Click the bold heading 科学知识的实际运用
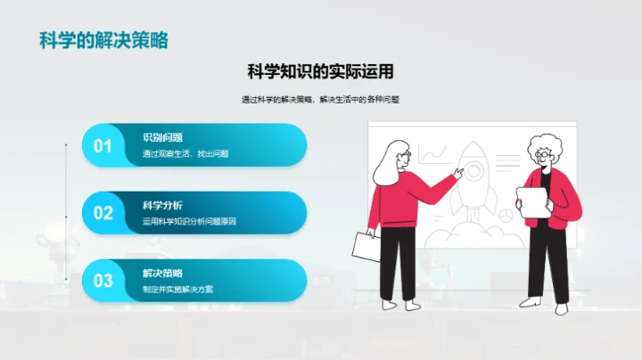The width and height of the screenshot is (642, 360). coord(320,71)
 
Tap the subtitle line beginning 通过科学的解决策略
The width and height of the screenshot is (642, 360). coord(320,100)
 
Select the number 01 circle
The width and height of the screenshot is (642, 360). coord(103,146)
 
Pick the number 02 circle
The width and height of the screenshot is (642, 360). coord(103,213)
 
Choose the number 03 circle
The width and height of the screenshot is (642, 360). coord(103,281)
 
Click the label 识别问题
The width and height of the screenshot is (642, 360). coord(163,138)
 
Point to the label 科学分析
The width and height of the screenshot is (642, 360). coord(163,205)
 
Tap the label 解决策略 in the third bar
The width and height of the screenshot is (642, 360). coord(163,273)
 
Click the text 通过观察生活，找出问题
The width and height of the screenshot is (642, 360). coord(185,154)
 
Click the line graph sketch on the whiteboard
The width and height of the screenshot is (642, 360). coord(432,155)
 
